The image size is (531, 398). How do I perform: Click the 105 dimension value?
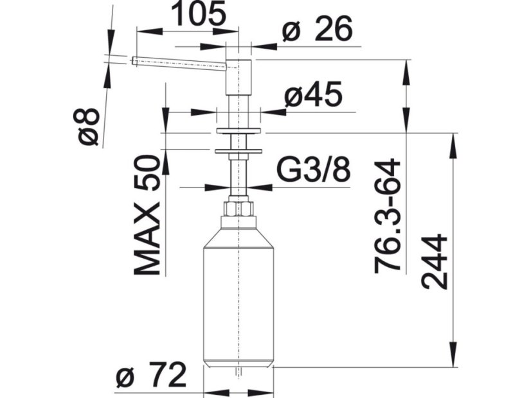coord(198,14)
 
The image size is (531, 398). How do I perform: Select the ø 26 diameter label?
coord(318,29)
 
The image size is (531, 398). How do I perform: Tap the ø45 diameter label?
coord(313,94)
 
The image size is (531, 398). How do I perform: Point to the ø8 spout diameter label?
coord(87,126)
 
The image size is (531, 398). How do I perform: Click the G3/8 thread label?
coord(313,169)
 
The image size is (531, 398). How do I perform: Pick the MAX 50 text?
coord(147,214)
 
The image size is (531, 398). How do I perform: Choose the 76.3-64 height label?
coord(388,216)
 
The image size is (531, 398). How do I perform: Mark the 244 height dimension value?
coord(435,262)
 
